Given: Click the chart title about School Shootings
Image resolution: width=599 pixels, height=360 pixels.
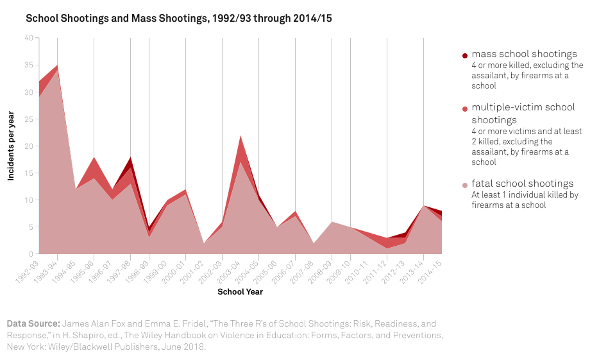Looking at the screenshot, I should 178,19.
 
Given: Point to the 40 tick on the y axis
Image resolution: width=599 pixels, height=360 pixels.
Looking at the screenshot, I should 29,38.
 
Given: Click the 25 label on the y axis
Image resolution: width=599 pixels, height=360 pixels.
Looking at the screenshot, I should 29,119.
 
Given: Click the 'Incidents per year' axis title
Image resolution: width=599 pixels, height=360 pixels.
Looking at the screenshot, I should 11,146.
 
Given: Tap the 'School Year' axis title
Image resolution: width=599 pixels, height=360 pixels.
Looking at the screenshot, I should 240,292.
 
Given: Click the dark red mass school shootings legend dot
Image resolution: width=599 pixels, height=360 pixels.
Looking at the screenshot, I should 465,56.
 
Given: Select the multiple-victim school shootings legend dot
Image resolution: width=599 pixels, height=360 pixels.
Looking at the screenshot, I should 465,109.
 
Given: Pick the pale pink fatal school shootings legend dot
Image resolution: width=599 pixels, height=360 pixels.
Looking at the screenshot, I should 465,185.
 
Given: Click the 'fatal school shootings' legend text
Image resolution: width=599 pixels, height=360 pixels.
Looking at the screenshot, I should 522,184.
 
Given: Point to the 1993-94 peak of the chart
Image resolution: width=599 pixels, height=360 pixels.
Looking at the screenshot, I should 58,65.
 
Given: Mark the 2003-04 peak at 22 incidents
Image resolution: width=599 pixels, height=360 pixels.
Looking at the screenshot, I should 240,136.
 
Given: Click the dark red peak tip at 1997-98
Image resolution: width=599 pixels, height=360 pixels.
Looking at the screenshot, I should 131,158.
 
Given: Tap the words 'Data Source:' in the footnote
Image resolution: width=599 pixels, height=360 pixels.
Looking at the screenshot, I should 33,324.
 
